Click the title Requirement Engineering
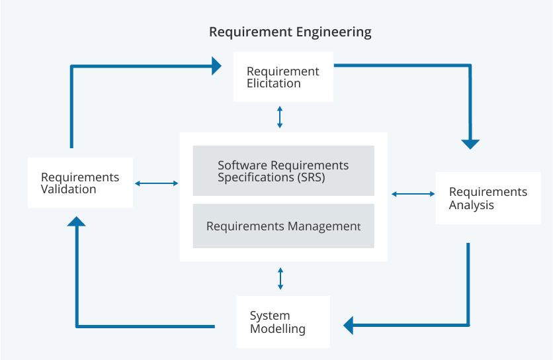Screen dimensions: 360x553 [290, 32]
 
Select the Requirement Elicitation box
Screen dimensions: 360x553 [283, 77]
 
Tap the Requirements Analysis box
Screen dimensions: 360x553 [488, 198]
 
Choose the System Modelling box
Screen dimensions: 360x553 [283, 322]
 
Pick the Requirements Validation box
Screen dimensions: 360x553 [80, 183]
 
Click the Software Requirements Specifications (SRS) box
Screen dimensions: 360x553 [283, 171]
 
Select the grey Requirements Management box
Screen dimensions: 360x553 [283, 226]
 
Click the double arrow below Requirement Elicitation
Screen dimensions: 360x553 [280, 116]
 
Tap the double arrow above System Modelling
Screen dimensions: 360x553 [280, 278]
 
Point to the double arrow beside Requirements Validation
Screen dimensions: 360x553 [156, 183]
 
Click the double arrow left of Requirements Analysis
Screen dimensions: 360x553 [413, 194]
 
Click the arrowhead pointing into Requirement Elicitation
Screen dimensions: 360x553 [216, 65]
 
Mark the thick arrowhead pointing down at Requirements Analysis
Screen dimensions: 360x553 [470, 144]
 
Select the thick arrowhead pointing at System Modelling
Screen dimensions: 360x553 [349, 325]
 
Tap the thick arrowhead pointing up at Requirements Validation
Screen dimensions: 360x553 [77, 222]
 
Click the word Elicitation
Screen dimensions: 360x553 [273, 83]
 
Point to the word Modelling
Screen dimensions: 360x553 [277, 329]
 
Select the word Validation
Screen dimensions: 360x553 [68, 189]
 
